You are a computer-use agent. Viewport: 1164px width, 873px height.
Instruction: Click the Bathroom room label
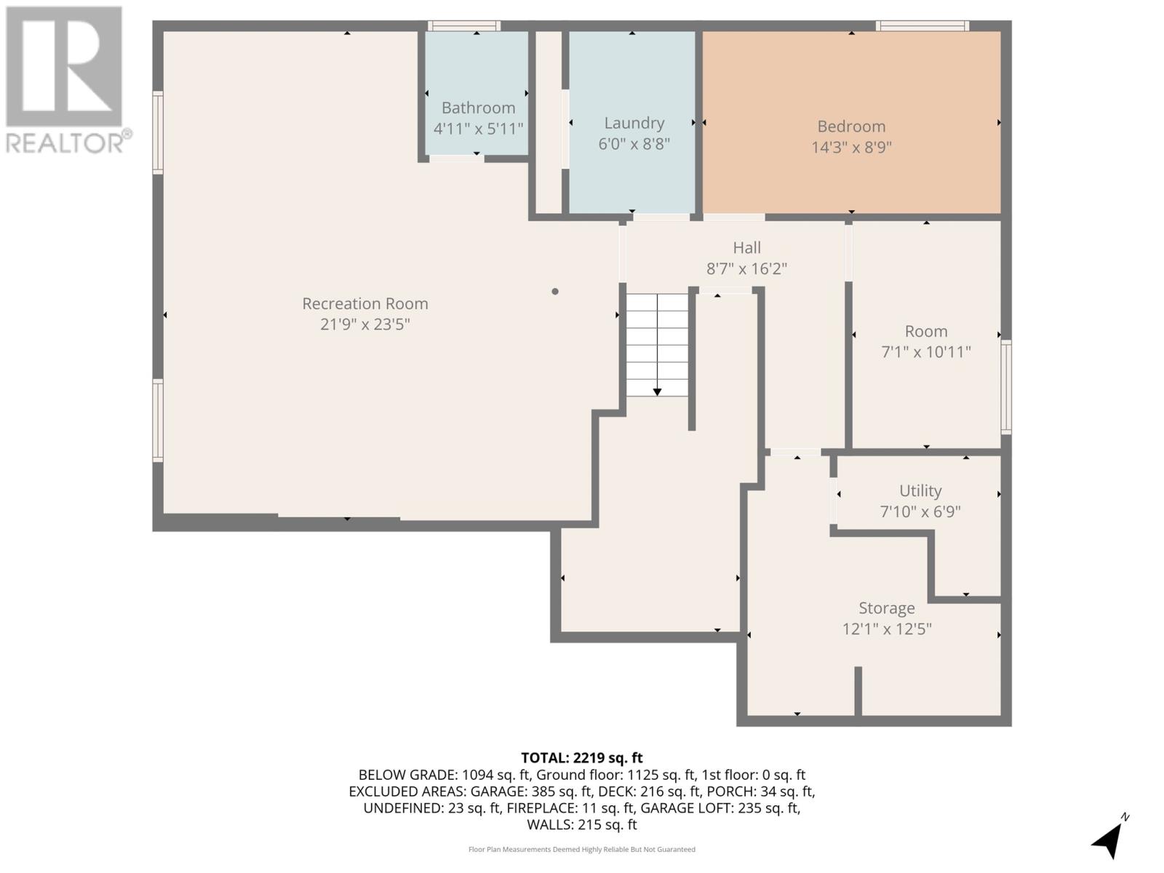pos(478,108)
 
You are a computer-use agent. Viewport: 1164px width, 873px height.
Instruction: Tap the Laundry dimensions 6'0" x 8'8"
pos(634,144)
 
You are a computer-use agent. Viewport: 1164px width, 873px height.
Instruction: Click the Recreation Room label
pos(364,303)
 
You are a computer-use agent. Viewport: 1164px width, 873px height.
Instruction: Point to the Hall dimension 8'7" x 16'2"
pos(746,268)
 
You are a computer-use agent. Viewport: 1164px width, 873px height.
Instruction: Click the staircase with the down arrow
pos(657,345)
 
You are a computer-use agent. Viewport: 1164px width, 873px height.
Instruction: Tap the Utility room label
pos(920,490)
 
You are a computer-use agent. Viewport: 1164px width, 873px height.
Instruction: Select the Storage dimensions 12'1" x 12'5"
pos(886,629)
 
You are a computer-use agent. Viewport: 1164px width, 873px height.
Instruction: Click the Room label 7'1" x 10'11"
pos(925,332)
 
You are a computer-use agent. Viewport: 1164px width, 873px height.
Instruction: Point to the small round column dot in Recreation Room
pos(555,292)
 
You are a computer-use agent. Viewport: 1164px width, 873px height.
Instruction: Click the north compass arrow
pos(1108,840)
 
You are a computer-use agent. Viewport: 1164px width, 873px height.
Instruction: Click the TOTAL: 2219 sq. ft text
pos(581,757)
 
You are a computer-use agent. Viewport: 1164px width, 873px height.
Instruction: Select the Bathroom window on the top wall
pos(463,26)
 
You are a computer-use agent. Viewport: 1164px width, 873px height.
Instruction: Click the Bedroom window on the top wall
pos(922,26)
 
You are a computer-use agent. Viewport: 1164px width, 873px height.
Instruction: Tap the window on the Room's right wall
pos(1006,387)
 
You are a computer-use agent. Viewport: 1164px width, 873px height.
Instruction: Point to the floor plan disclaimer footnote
pos(581,849)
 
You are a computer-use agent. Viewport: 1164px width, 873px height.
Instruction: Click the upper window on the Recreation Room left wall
pos(157,132)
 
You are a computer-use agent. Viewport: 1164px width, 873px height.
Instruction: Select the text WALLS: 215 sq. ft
pos(581,824)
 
